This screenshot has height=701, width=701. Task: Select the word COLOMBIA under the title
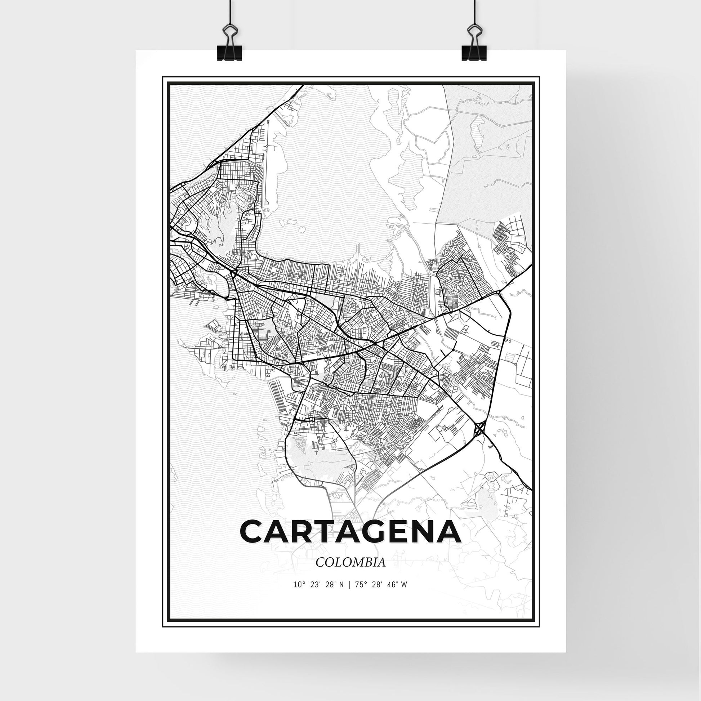point(350,572)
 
